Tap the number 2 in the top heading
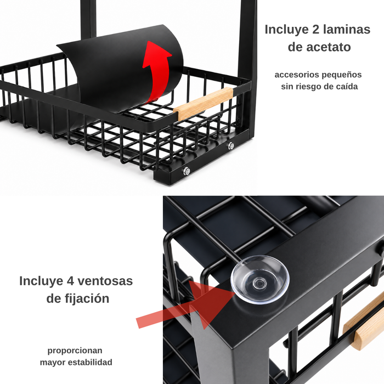point(315,30)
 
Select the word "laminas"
point(347,30)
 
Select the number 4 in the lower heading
point(71,281)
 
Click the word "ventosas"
point(105,281)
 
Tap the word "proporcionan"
point(75,351)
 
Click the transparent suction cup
point(260,280)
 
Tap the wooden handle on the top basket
point(204,104)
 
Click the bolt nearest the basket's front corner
point(187,171)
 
